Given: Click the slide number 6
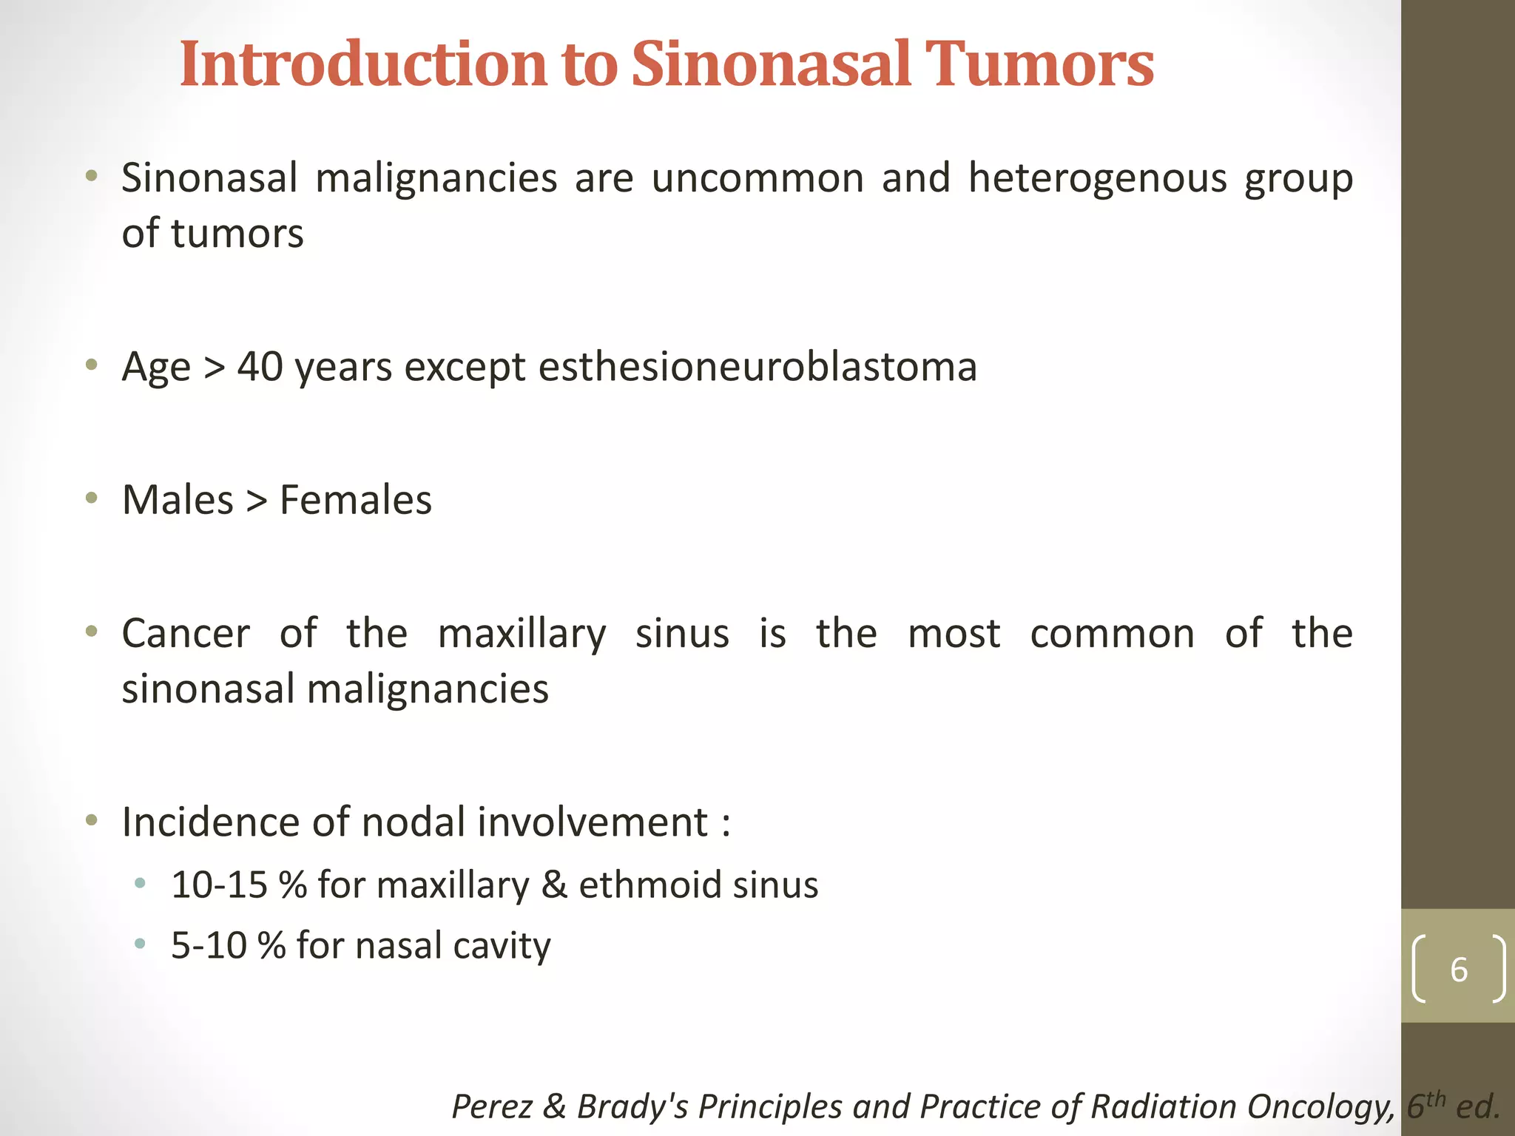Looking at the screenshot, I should tap(1458, 970).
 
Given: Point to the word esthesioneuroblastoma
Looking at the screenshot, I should tap(757, 368).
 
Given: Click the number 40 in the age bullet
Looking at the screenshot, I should tap(260, 367).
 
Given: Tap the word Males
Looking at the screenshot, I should tap(178, 500).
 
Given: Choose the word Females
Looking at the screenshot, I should tap(356, 500).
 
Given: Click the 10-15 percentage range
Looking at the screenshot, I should tap(219, 885).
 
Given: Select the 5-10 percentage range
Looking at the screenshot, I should tap(209, 946).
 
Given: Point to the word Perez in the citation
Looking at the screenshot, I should tap(491, 1107).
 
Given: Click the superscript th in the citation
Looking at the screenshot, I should tap(1436, 1098).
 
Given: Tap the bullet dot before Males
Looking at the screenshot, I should tap(91, 498).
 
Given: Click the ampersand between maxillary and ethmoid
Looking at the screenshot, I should tap(554, 885).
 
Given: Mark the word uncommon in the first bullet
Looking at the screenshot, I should tap(757, 179).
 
